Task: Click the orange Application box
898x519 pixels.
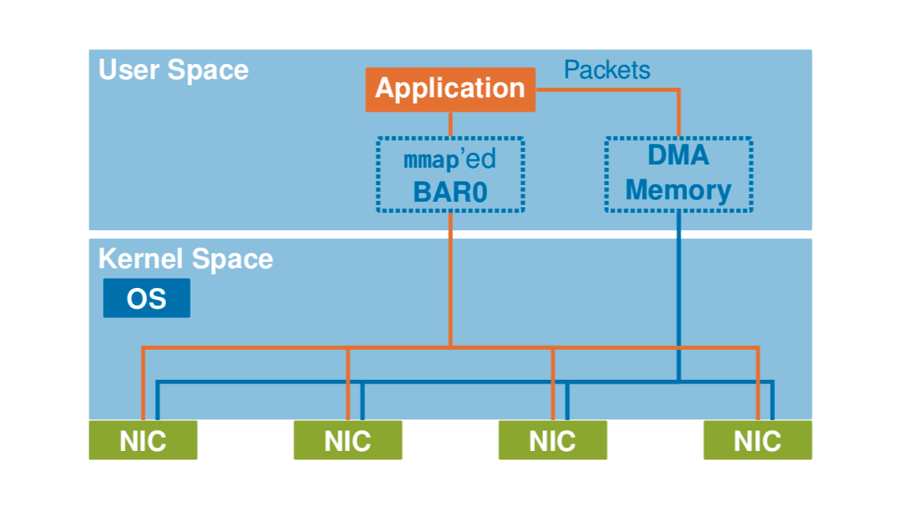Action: pyautogui.click(x=450, y=89)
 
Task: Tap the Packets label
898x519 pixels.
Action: pyautogui.click(x=606, y=70)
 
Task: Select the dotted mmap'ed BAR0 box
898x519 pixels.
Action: pyautogui.click(x=450, y=175)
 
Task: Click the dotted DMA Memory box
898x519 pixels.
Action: pyautogui.click(x=678, y=174)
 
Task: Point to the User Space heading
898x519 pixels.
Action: pyautogui.click(x=173, y=70)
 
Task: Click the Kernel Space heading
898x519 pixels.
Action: pyautogui.click(x=185, y=259)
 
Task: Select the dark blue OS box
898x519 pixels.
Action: pyautogui.click(x=146, y=298)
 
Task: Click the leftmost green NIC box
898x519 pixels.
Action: pyautogui.click(x=142, y=440)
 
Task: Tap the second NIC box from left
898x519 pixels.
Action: pyautogui.click(x=348, y=440)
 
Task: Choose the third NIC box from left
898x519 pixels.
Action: pyautogui.click(x=552, y=440)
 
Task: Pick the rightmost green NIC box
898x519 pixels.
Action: pyautogui.click(x=757, y=440)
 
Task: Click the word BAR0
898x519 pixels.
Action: pyautogui.click(x=450, y=192)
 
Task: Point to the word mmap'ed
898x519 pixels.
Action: pyautogui.click(x=450, y=159)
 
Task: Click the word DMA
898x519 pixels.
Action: pyautogui.click(x=678, y=155)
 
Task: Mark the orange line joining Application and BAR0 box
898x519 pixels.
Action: pyautogui.click(x=451, y=124)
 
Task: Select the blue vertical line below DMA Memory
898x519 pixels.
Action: pyautogui.click(x=678, y=293)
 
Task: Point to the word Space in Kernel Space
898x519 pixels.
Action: pyautogui.click(x=237, y=259)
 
